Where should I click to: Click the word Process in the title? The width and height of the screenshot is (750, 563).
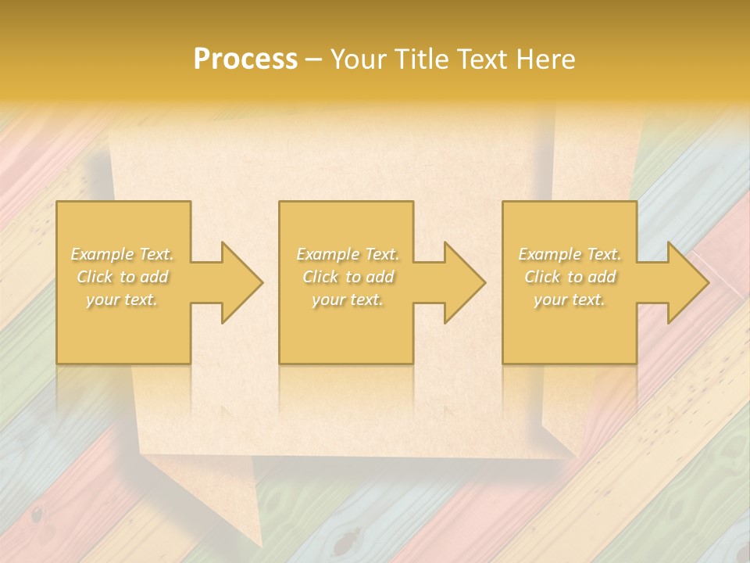pyautogui.click(x=245, y=59)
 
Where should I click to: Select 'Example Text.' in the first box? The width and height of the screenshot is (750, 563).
pyautogui.click(x=123, y=254)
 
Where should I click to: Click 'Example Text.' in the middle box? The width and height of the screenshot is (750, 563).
pyautogui.click(x=348, y=254)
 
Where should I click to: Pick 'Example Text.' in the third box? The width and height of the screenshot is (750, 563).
pyautogui.click(x=570, y=254)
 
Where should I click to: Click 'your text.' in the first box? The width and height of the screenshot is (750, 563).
pyautogui.click(x=123, y=299)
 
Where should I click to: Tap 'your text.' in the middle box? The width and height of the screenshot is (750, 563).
pyautogui.click(x=348, y=299)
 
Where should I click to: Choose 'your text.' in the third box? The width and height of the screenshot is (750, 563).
pyautogui.click(x=570, y=299)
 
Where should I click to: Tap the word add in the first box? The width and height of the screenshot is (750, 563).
pyautogui.click(x=155, y=277)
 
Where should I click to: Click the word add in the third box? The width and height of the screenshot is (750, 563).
pyautogui.click(x=602, y=277)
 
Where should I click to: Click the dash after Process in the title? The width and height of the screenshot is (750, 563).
pyautogui.click(x=314, y=60)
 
